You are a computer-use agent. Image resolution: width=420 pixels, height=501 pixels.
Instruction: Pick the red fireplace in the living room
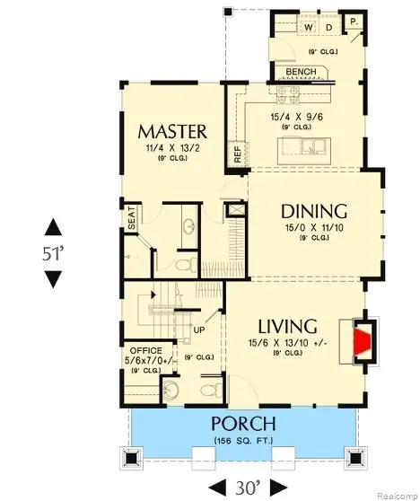coord(361,342)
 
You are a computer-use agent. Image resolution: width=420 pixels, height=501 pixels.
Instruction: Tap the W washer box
coord(308,28)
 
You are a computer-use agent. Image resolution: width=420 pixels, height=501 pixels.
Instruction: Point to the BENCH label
coord(301,72)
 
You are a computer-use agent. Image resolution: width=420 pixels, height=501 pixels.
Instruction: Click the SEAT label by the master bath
coord(132,221)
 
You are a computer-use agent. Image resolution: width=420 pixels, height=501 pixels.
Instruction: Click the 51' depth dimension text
coord(54,253)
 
